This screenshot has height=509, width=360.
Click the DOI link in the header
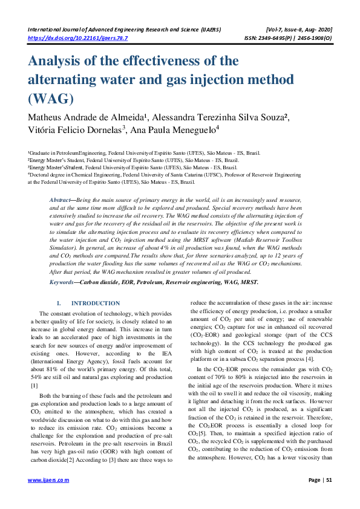[78, 37]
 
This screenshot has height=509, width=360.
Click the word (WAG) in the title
[51, 99]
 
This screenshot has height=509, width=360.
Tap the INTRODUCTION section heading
[95, 303]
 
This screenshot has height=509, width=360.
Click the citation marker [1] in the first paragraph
[34, 385]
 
